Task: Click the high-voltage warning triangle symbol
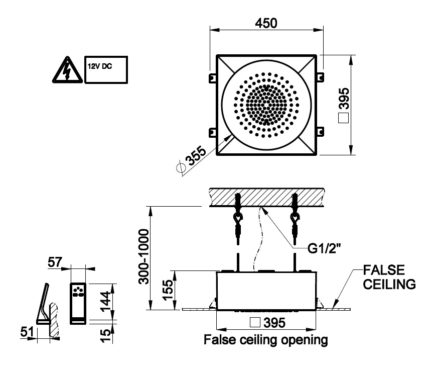67,70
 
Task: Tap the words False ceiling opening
265,340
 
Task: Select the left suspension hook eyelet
237,217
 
